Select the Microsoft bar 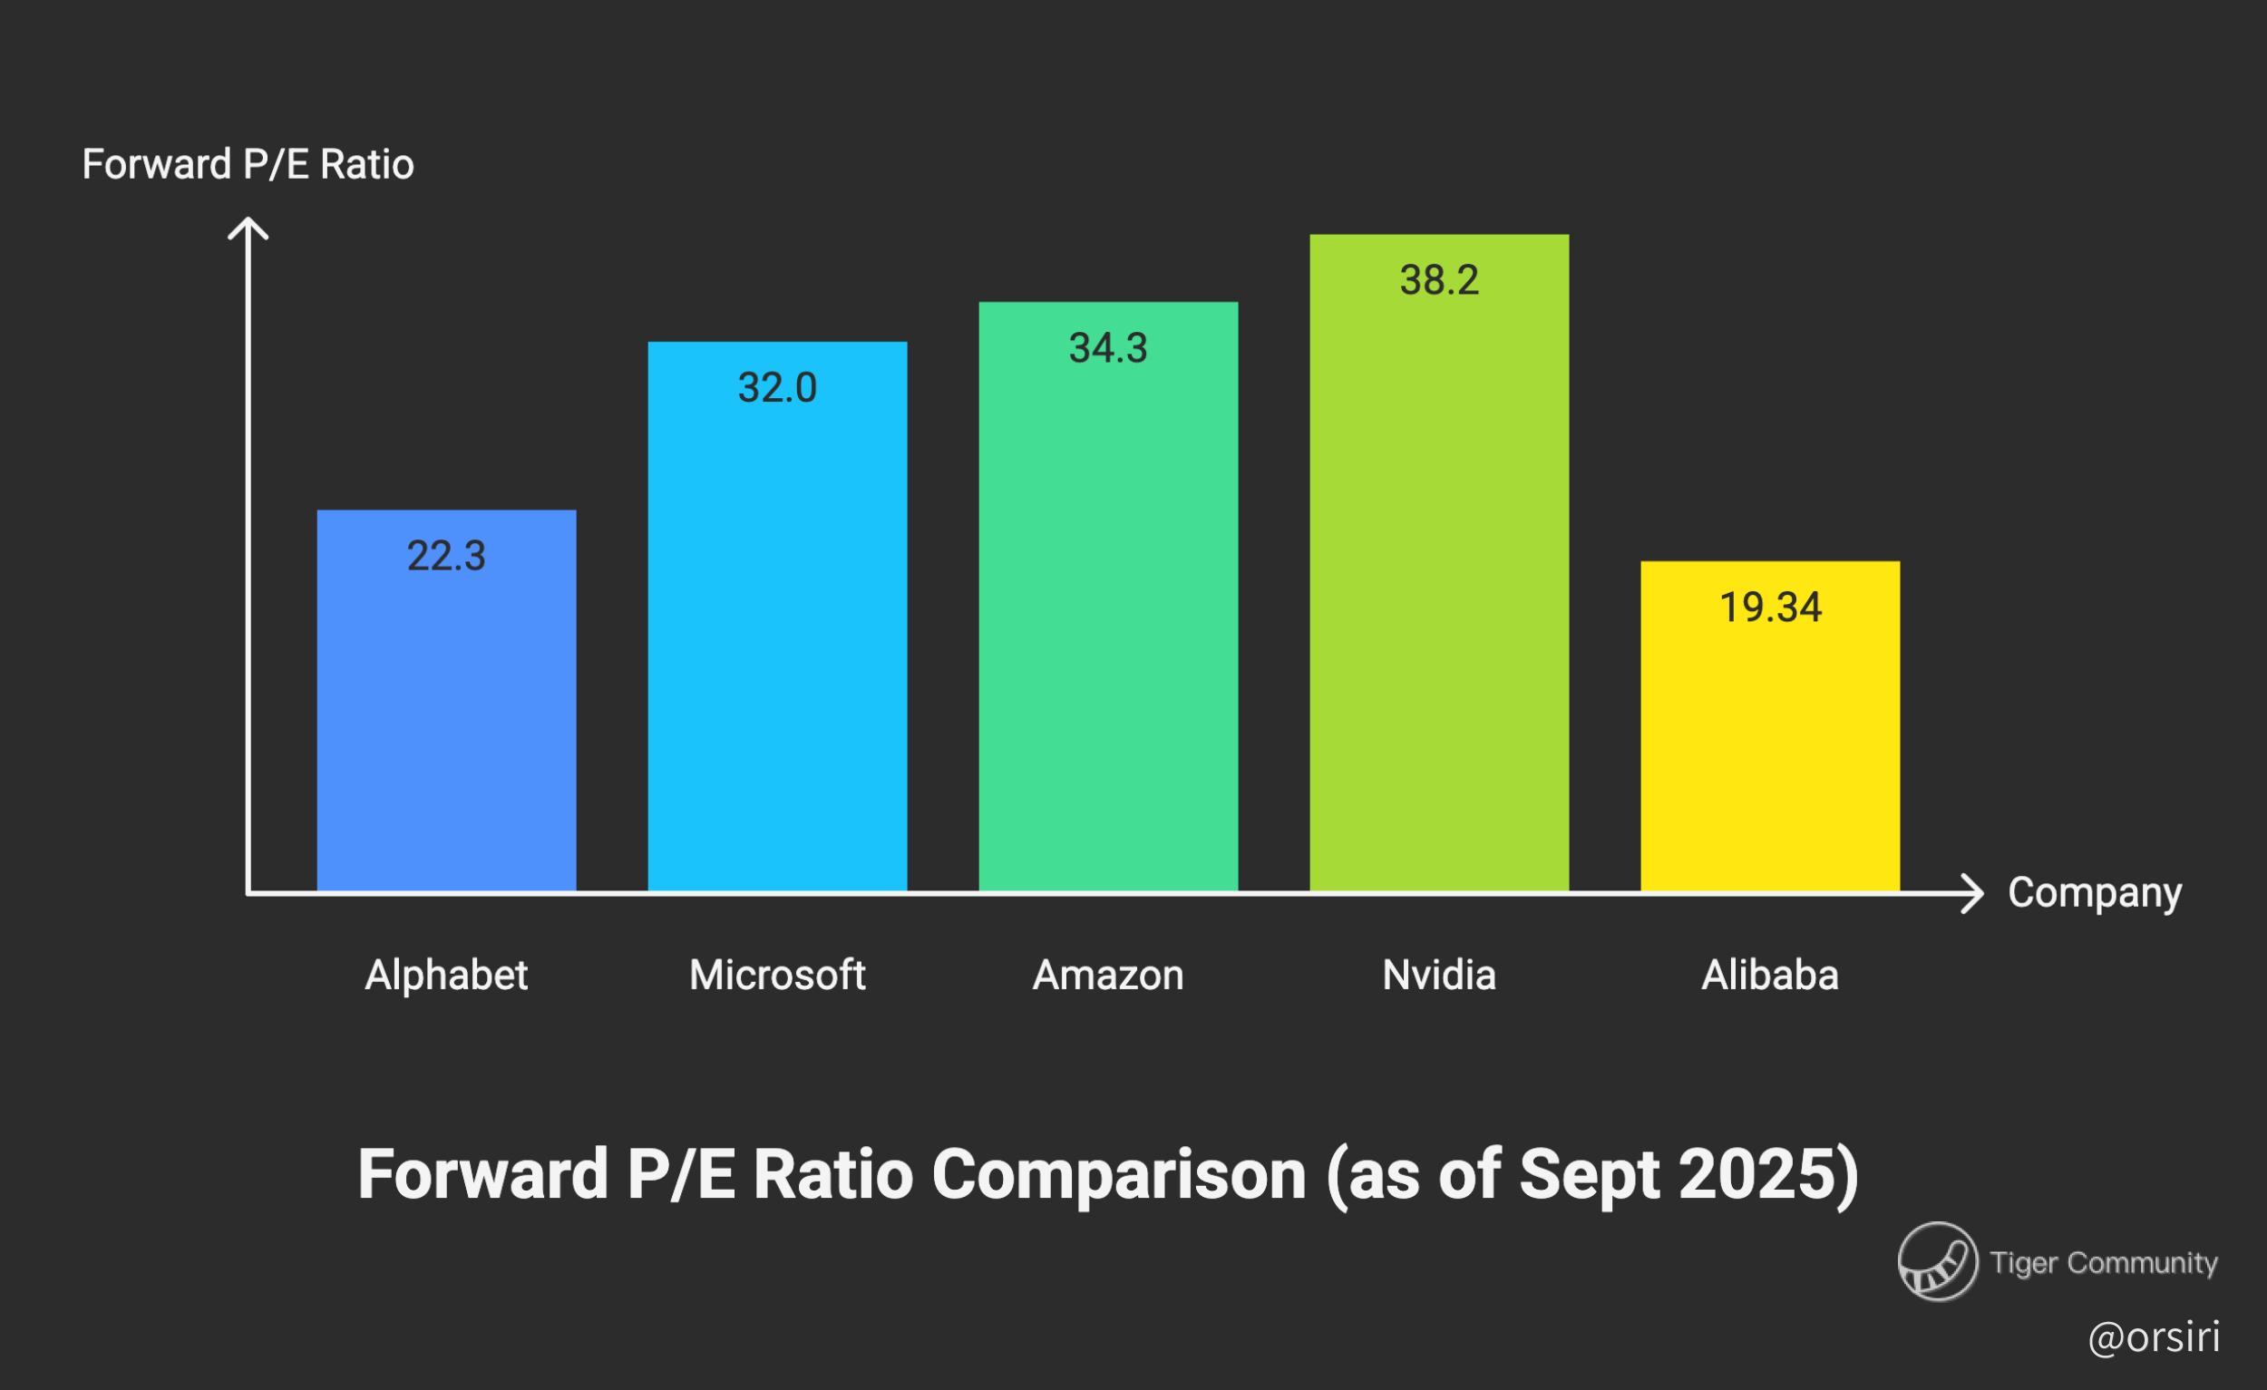[776, 644]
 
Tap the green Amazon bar [1108, 626]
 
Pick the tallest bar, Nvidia [1439, 588]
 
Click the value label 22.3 [446, 557]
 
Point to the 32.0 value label [776, 388]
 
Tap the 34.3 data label [1108, 349]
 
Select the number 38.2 [1439, 280]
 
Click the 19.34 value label [1769, 608]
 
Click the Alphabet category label [446, 975]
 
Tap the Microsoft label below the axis [776, 975]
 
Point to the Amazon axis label [1108, 975]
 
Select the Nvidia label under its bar [1439, 975]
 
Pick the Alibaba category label [1769, 975]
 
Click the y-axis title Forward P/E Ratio [248, 166]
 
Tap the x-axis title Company [2094, 892]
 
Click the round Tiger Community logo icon [1938, 1261]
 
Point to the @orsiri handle [2153, 1337]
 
